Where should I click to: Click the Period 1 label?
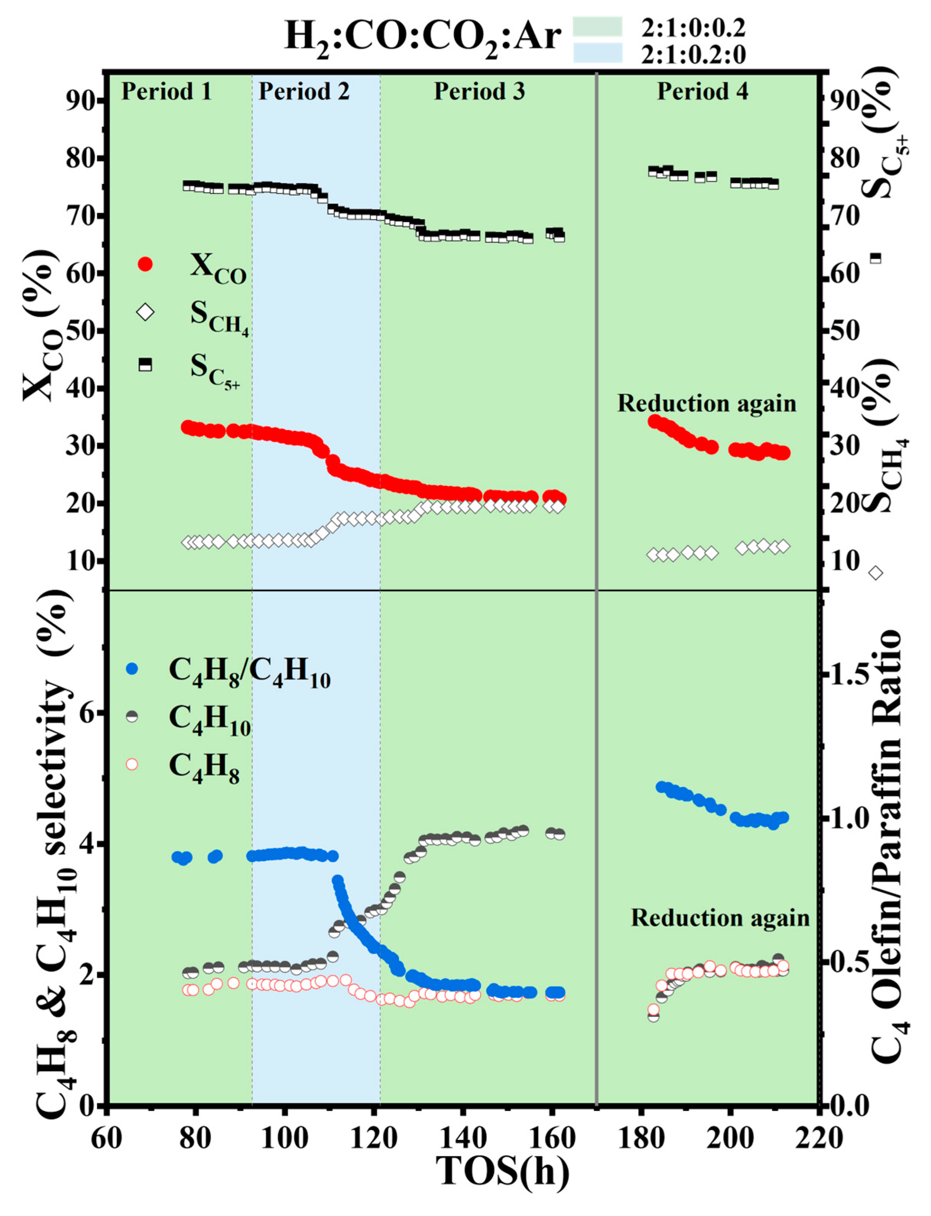pos(166,91)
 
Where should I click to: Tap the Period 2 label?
pos(304,91)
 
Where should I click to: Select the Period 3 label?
pos(479,91)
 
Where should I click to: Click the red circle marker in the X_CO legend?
pos(145,264)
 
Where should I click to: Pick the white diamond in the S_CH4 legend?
pos(145,313)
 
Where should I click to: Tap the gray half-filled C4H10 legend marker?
pos(132,716)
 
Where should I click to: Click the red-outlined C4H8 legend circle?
pos(132,764)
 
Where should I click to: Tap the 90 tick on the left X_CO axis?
pos(83,100)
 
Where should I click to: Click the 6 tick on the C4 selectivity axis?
pos(86,713)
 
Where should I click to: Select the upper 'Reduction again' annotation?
pos(707,403)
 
